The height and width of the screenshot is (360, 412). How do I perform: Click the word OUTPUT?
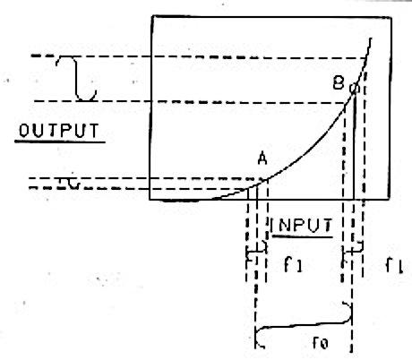[59, 131]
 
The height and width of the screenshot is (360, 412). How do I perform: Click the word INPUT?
[301, 225]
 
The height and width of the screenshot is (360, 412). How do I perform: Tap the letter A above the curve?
[262, 159]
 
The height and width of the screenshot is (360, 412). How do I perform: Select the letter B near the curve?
[339, 83]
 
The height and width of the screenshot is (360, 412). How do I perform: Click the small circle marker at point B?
[354, 88]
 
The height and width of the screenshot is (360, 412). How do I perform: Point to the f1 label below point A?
[293, 264]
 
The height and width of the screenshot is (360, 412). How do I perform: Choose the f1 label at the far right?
[394, 265]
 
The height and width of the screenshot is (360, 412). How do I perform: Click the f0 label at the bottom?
[320, 343]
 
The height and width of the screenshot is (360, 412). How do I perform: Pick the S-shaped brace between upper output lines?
[77, 78]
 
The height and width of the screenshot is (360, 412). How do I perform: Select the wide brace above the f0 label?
[303, 325]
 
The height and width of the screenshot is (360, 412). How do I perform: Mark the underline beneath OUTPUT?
[60, 141]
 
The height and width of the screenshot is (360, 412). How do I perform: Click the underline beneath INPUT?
[303, 236]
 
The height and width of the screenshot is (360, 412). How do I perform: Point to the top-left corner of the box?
[152, 16]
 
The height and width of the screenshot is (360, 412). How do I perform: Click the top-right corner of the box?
[391, 18]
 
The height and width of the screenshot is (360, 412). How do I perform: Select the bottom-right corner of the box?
[389, 199]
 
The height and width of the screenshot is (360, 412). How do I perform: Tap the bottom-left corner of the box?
[150, 199]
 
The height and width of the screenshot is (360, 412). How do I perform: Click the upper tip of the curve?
[371, 39]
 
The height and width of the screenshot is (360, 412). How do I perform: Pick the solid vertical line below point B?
[354, 146]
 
